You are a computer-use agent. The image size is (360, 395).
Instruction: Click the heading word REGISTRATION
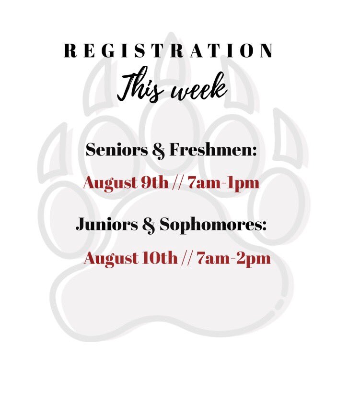(169, 51)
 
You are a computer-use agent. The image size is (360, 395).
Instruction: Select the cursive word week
(199, 91)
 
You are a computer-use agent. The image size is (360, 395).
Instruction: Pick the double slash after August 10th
(186, 259)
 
